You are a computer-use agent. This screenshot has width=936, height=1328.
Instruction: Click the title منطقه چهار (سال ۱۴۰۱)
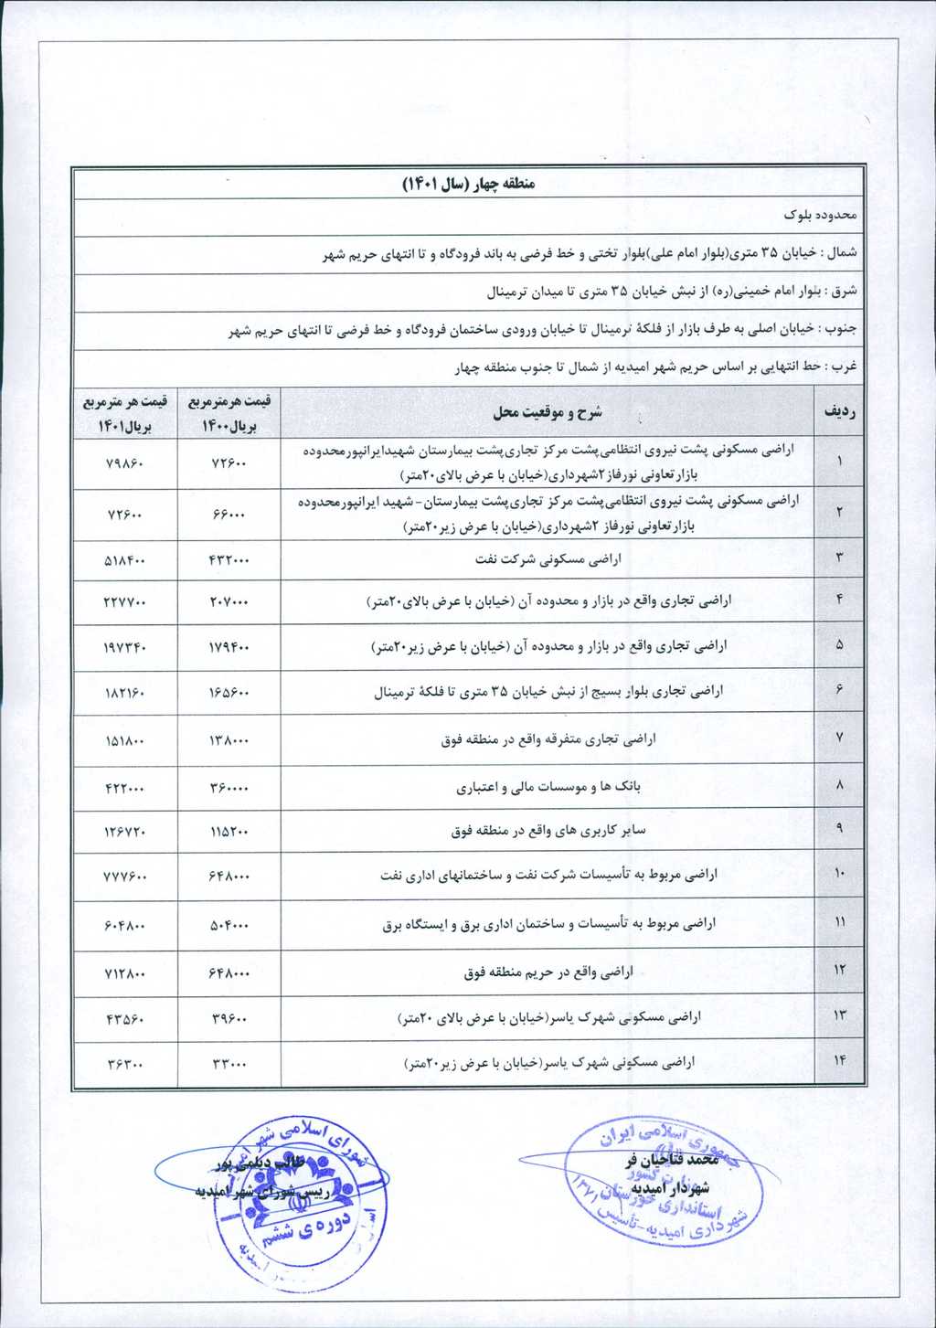pos(468,184)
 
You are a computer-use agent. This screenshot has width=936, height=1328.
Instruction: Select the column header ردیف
pos(839,412)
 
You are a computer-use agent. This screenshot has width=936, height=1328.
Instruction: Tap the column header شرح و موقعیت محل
pos(548,412)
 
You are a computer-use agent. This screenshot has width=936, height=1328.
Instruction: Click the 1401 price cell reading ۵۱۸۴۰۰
pos(124,559)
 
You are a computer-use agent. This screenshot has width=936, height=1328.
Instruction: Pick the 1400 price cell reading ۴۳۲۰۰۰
pos(229,559)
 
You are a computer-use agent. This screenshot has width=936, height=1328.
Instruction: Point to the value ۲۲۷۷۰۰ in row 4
pos(124,602)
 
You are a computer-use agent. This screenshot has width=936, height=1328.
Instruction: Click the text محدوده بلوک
pos(820,215)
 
